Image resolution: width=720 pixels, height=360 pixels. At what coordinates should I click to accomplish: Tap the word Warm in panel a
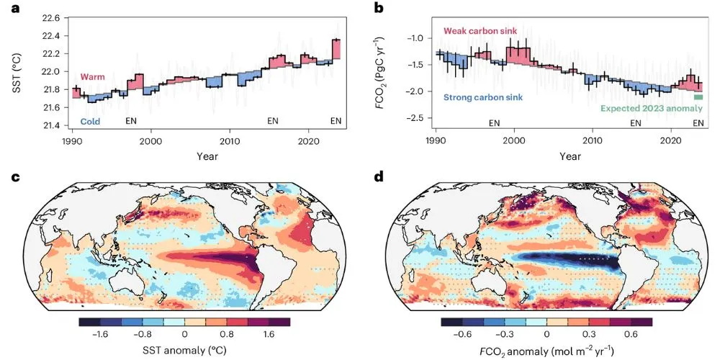point(94,77)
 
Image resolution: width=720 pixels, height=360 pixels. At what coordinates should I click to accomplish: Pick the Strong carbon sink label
point(483,97)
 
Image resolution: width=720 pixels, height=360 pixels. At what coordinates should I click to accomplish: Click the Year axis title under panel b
point(570,155)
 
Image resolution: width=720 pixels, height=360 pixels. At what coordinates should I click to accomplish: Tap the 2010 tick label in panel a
point(229,142)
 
